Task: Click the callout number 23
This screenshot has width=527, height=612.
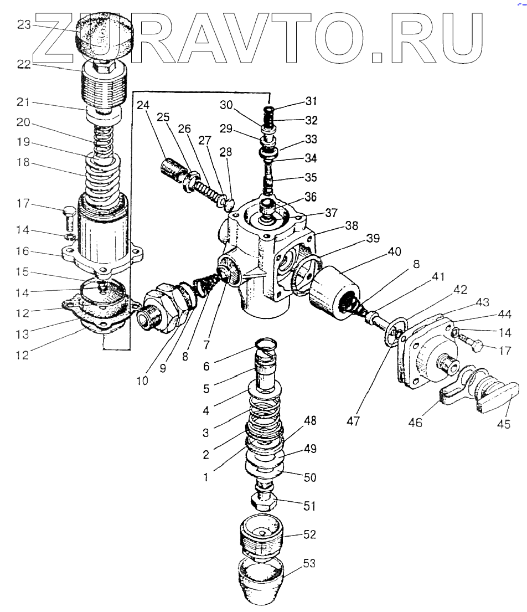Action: coord(24,24)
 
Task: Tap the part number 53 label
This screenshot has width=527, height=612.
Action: coord(311,563)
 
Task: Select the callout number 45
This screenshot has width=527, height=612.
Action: coord(503,424)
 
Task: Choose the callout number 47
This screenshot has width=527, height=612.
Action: coord(353,421)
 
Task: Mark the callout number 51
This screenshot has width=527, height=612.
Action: coord(311,506)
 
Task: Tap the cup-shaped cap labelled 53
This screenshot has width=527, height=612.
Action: coord(262,582)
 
